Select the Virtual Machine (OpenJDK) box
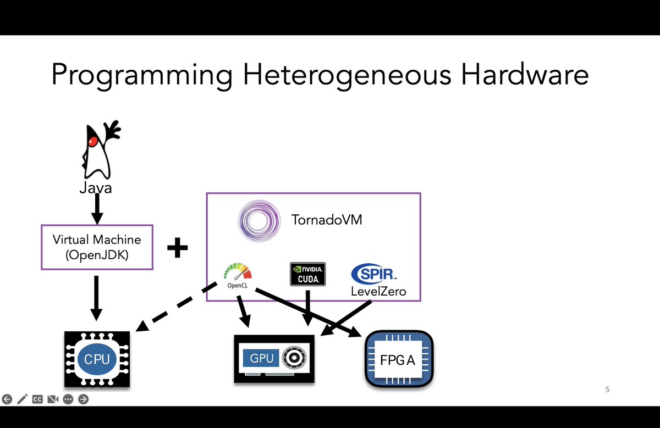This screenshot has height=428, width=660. tap(97, 247)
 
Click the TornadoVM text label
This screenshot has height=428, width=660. tap(327, 221)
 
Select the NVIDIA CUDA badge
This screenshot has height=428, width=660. tap(308, 274)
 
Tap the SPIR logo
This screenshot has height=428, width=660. tap(375, 273)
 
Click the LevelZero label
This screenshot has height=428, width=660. tap(378, 291)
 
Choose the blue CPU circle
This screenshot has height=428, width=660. tap(97, 359)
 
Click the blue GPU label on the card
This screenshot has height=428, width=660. tap(262, 358)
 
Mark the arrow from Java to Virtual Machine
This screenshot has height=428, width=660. tap(97, 209)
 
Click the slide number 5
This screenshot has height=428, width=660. tap(607, 390)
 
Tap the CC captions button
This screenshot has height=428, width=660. tap(37, 399)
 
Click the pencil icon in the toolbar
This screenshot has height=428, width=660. tap(22, 399)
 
